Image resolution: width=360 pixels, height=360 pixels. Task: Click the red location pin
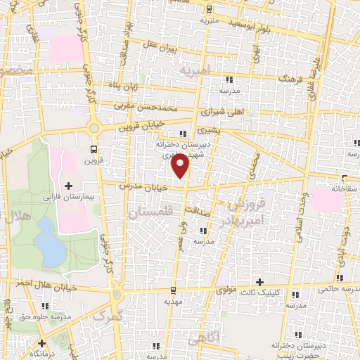(x=181, y=165)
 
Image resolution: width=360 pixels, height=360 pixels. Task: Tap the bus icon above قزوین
(x=94, y=149)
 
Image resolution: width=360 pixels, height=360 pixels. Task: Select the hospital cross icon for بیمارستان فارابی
(x=68, y=186)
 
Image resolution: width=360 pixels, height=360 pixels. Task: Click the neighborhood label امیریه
(x=195, y=71)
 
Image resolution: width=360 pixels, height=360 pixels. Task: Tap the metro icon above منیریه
(x=209, y=8)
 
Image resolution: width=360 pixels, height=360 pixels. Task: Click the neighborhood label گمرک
(x=108, y=316)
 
